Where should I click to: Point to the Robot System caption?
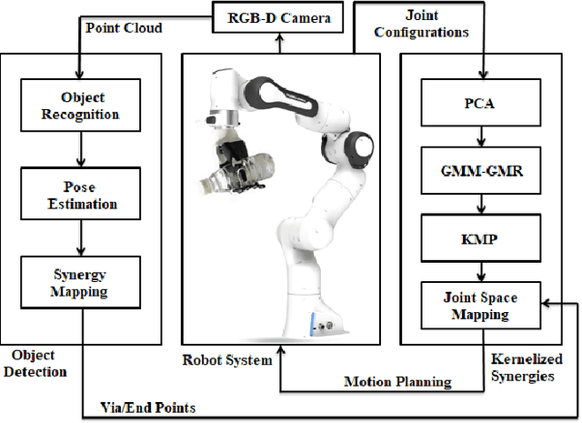[x=227, y=359]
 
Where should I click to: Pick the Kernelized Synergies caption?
[x=521, y=367]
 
